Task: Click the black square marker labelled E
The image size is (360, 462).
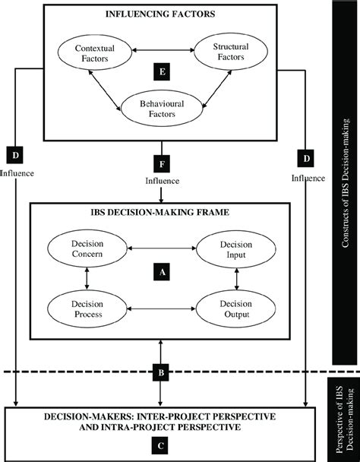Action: [x=158, y=73]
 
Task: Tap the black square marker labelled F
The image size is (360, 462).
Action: [x=159, y=163]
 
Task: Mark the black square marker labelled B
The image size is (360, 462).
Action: [x=159, y=372]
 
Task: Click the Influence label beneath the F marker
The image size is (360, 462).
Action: [x=159, y=181]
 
